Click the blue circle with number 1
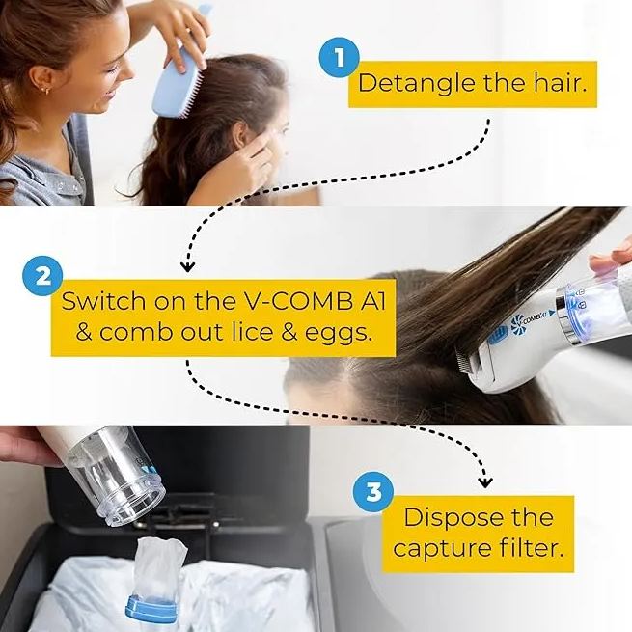(339, 59)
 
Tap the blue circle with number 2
(41, 276)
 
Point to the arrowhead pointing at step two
(187, 262)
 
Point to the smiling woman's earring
(44, 92)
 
